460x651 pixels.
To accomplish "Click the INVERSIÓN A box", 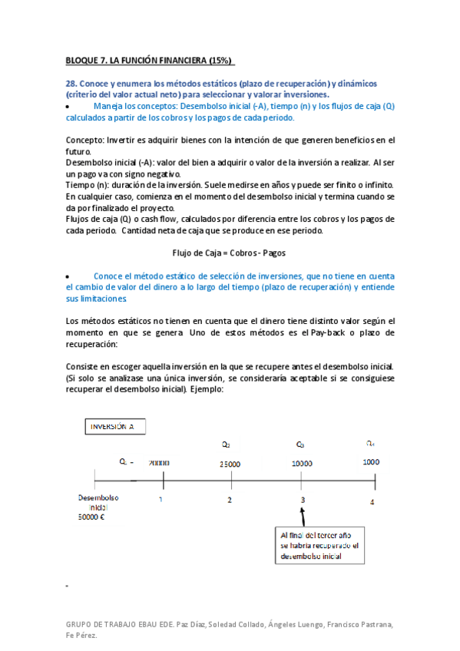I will (x=113, y=427).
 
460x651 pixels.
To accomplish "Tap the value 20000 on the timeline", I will (x=160, y=464).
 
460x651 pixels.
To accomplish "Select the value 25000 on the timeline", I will (x=229, y=464).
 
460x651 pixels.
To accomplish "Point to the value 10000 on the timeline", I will (x=302, y=464).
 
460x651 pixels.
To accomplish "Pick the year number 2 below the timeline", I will (x=229, y=501).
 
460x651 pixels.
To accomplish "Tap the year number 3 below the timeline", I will (x=302, y=501).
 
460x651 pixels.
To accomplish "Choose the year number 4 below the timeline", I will (x=372, y=502).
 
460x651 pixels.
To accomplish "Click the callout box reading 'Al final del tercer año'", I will (x=319, y=545).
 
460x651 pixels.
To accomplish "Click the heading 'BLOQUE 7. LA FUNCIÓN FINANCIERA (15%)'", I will (x=149, y=61).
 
